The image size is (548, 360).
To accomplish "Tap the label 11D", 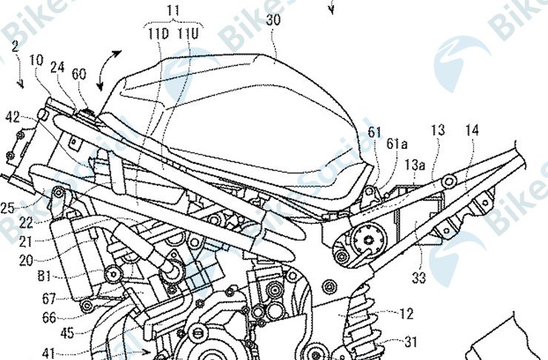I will coord(157,33).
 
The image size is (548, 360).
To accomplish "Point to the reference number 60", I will coord(78,75).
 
